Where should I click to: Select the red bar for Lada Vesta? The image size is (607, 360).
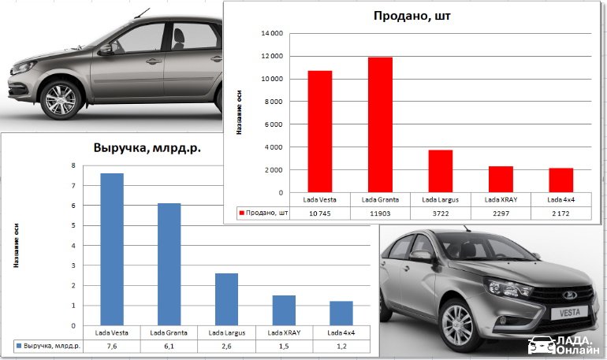[320, 132]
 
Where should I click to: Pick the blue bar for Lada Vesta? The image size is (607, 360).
[112, 249]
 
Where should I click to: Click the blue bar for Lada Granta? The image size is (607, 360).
[169, 264]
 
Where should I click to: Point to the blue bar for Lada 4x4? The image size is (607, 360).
[341, 313]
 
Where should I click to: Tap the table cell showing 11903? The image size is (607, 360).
[380, 213]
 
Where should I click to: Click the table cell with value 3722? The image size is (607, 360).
[440, 213]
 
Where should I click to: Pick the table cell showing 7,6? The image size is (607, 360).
[112, 346]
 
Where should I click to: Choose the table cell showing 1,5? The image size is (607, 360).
[284, 346]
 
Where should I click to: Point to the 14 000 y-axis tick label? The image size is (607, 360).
[271, 33]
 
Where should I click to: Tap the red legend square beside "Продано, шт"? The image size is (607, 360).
[241, 213]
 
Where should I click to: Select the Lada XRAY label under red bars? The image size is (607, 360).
[500, 199]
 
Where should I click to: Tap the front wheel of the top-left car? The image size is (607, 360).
[61, 99]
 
